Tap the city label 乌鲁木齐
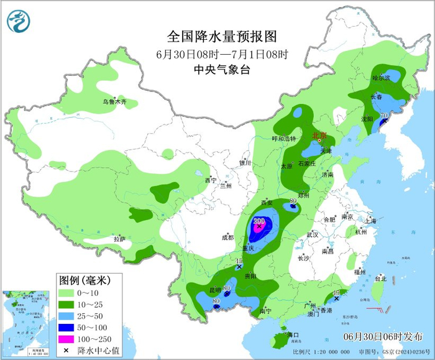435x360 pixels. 114,101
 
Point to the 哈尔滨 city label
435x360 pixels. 380,78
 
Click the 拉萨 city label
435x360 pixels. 120,239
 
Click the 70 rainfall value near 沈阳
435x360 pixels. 384,116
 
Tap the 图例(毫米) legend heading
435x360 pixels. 81,279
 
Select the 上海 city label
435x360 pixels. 371,220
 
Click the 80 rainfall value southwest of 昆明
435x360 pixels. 216,303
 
